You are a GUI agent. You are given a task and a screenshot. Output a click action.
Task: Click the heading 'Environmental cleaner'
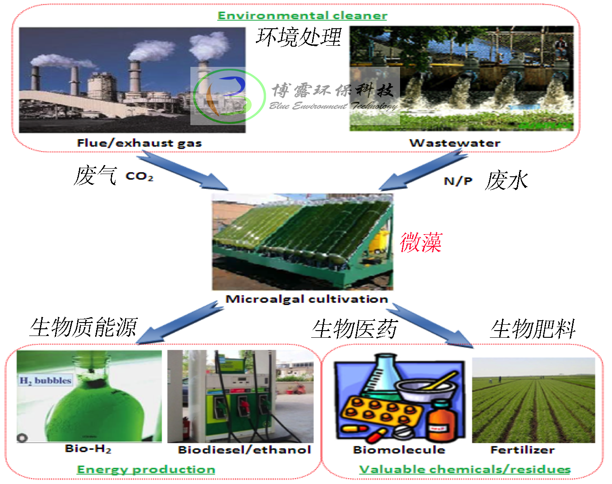click(302, 16)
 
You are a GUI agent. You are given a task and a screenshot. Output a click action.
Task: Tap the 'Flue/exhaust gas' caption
click(139, 143)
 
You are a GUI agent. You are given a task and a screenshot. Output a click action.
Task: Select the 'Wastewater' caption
click(455, 143)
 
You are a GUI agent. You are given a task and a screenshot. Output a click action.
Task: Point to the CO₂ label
click(139, 176)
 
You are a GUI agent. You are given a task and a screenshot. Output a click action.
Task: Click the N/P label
click(458, 181)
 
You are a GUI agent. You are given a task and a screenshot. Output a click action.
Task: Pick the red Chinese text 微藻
click(421, 242)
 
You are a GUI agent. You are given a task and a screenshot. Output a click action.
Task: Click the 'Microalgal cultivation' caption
click(307, 299)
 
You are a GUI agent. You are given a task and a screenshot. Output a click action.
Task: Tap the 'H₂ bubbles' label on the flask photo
click(45, 380)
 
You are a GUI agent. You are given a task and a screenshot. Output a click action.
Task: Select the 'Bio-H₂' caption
click(88, 449)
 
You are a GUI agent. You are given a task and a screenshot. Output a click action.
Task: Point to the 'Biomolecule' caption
click(399, 450)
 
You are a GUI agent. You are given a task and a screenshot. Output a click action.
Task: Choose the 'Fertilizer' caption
click(523, 450)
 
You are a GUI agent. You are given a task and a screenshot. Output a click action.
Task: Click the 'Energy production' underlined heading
click(146, 470)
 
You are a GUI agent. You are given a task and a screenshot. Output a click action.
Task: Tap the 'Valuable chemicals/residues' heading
click(465, 470)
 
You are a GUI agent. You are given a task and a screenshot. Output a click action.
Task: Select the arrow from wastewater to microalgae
click(424, 171)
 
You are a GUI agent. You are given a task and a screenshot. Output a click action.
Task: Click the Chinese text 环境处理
click(299, 37)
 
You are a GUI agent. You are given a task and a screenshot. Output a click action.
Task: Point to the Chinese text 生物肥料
click(533, 329)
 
